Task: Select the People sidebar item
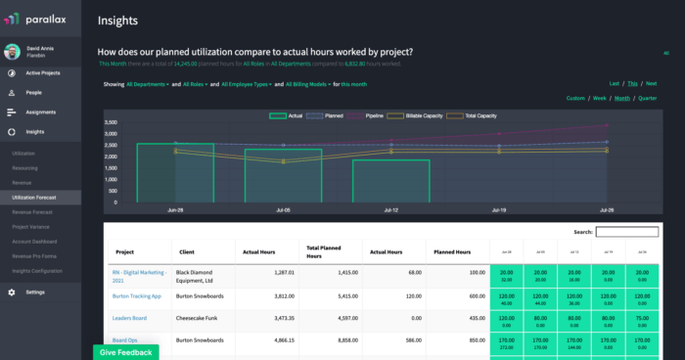pyautogui.click(x=33, y=93)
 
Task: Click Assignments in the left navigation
pyautogui.click(x=40, y=112)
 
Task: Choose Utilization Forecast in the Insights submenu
pyautogui.click(x=34, y=198)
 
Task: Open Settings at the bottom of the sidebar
pyautogui.click(x=35, y=292)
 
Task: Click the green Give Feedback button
pyautogui.click(x=125, y=352)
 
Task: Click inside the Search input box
pyautogui.click(x=626, y=232)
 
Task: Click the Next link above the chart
pyautogui.click(x=651, y=84)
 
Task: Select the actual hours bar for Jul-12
pyautogui.click(x=390, y=181)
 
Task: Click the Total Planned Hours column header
pyautogui.click(x=326, y=251)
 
